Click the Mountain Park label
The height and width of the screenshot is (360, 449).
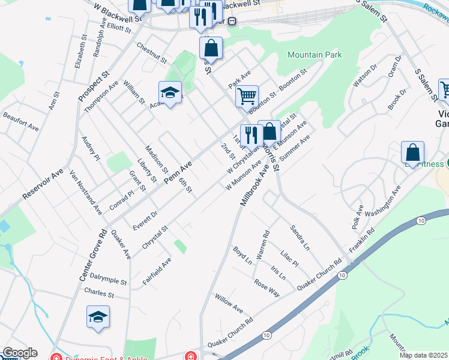(315, 55)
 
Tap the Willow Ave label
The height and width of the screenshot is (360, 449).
(229, 304)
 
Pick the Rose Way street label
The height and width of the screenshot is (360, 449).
(267, 287)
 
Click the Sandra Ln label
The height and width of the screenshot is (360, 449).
(300, 238)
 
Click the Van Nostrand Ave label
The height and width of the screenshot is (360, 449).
(86, 193)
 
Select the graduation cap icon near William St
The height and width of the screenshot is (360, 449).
(170, 92)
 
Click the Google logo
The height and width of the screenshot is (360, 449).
(20, 353)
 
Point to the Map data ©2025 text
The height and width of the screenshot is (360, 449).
(424, 355)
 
